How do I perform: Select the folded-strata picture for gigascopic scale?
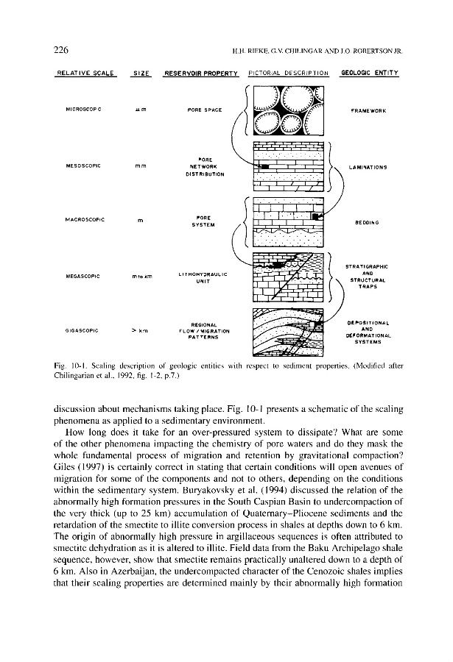pos(284,332)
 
